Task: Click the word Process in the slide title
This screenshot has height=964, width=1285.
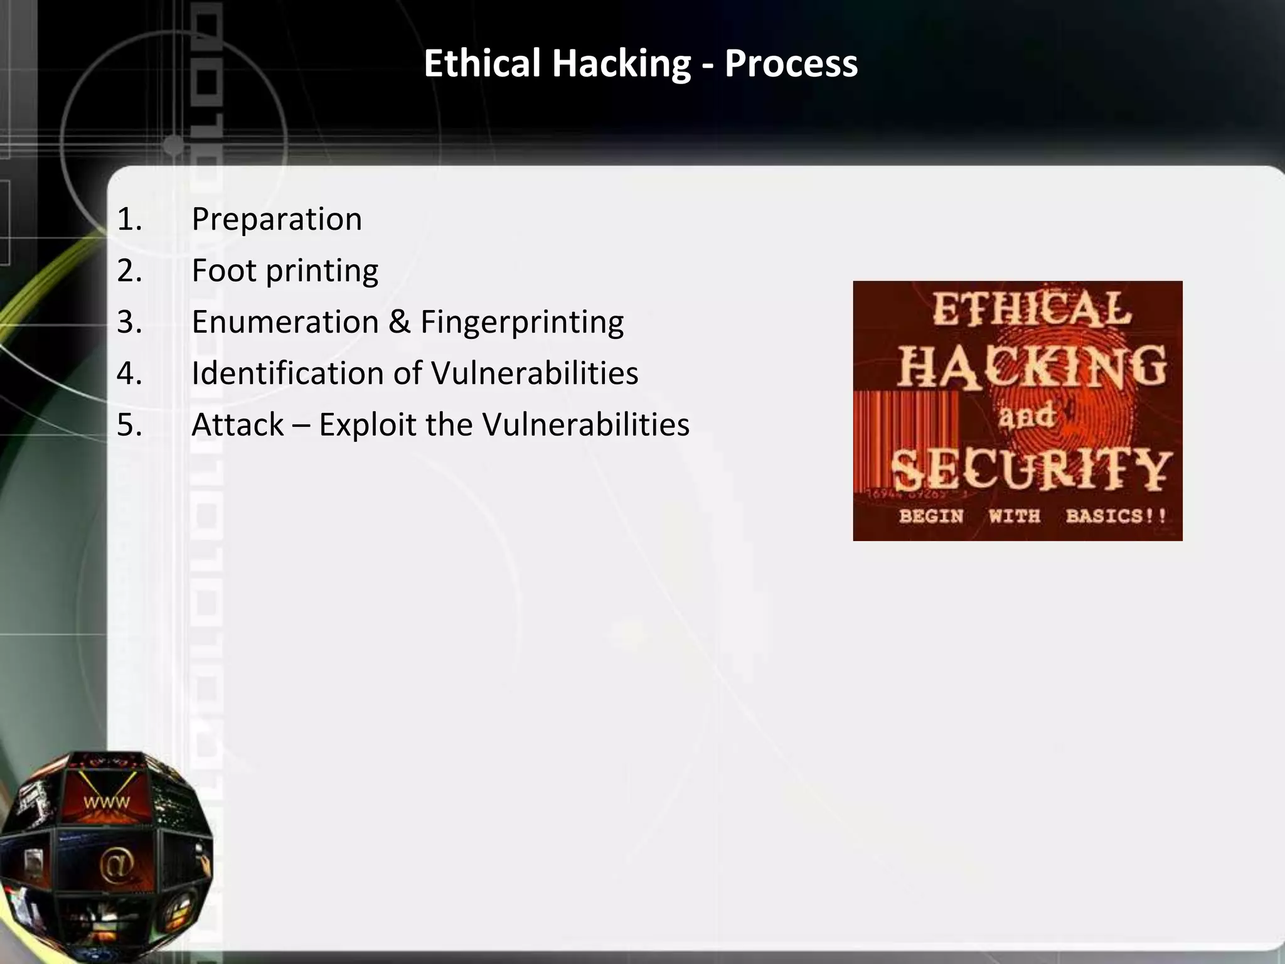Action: (x=791, y=64)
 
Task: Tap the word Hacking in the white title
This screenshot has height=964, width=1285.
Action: (x=621, y=64)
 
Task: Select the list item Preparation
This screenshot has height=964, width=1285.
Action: (x=277, y=220)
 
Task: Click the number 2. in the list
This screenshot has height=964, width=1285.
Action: (x=129, y=271)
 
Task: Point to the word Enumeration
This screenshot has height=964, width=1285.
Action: (x=285, y=323)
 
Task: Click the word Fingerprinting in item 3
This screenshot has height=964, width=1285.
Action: (x=522, y=323)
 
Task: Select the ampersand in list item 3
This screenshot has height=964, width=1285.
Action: (x=400, y=323)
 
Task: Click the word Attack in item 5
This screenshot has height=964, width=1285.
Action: (x=238, y=425)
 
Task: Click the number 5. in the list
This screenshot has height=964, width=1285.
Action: (x=129, y=425)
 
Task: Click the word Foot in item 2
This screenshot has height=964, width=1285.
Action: (x=224, y=271)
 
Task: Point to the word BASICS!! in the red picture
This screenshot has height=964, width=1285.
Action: (x=1116, y=516)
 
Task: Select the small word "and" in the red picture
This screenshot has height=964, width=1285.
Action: (x=1026, y=416)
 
